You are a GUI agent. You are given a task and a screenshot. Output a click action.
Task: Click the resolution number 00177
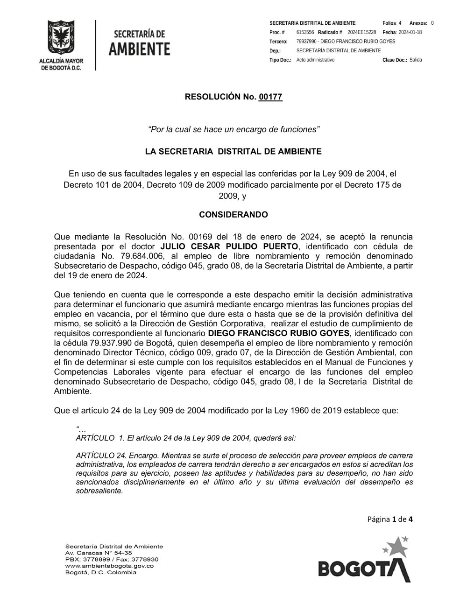tap(271, 97)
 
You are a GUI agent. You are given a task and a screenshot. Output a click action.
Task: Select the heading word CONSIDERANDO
tap(233, 215)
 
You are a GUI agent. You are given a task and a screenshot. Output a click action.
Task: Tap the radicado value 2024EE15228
tap(361, 32)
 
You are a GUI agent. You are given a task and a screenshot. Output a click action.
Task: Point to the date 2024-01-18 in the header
tap(410, 32)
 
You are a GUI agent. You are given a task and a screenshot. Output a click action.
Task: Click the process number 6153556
tap(305, 32)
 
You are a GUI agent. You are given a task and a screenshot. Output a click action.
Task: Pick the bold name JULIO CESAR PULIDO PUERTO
tap(229, 246)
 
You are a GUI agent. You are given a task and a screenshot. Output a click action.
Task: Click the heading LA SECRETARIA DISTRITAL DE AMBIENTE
tap(233, 152)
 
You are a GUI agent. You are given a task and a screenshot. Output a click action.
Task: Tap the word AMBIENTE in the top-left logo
tap(139, 48)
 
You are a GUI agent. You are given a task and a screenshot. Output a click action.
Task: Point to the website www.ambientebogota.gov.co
tap(109, 566)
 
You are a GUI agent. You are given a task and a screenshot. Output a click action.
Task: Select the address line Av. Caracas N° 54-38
tap(99, 553)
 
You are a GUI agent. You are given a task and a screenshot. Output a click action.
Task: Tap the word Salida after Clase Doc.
tap(416, 60)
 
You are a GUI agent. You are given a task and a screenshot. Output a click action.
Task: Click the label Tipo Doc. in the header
tap(280, 60)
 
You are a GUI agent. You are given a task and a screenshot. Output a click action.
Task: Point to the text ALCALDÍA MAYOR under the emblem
tap(61, 61)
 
